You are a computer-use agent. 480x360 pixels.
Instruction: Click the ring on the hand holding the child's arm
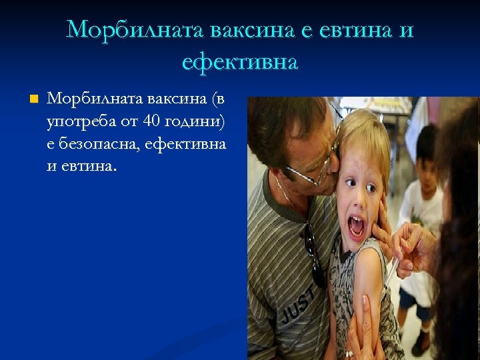tap(349, 353)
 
